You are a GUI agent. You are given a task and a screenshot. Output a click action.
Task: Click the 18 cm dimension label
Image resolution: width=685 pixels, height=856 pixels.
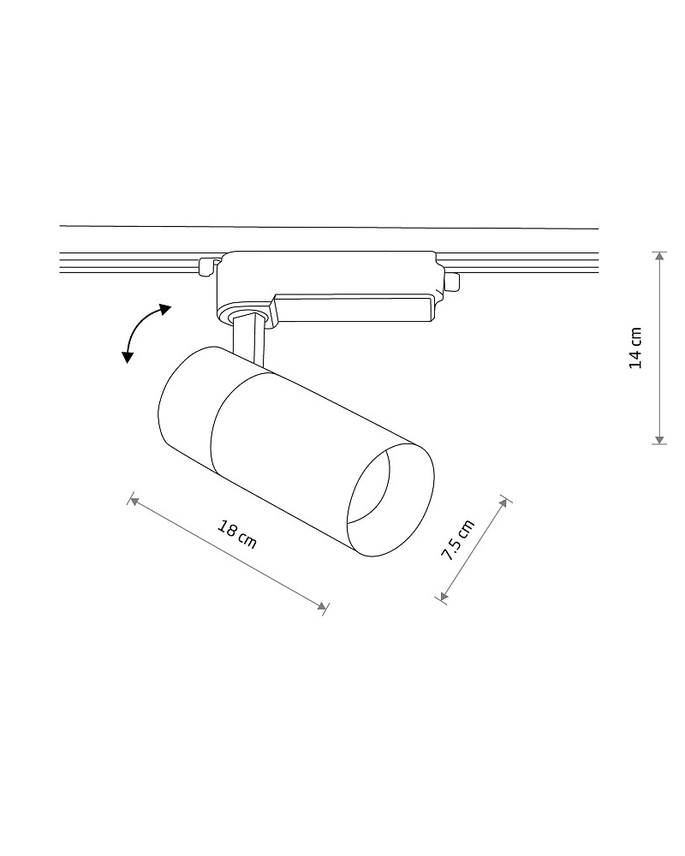pos(237,535)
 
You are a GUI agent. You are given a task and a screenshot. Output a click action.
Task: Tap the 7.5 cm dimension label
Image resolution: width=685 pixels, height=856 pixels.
pos(458,540)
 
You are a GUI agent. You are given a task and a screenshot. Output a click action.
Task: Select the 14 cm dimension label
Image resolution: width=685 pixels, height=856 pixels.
pos(635,348)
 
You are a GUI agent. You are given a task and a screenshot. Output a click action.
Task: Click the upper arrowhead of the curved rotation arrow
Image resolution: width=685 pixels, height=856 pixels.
pos(164,310)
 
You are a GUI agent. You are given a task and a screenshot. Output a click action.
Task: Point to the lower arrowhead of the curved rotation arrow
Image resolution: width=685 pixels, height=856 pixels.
pos(128,357)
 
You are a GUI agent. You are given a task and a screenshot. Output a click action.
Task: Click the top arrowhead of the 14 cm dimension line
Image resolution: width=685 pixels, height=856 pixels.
pos(660,256)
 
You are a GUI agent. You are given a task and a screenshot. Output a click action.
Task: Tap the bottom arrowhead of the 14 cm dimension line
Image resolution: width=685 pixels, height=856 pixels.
pos(660,439)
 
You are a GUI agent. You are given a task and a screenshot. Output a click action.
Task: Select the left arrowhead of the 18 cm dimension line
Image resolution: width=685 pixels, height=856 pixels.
pos(134,500)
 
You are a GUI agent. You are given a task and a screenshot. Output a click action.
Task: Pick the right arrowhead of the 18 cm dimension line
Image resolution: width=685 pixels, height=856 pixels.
pos(322,605)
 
